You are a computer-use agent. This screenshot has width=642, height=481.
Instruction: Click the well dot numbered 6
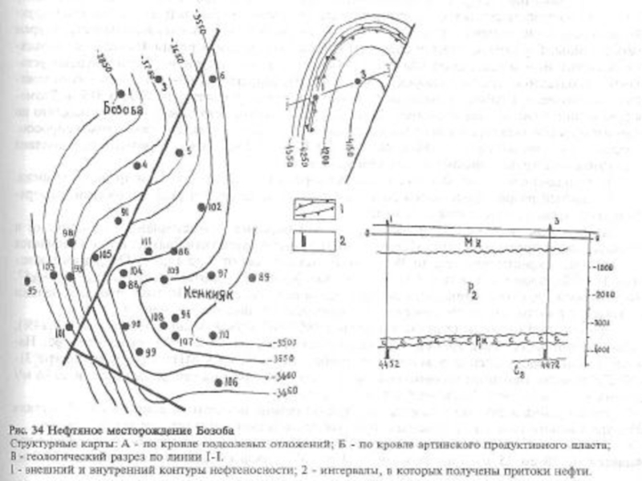click(207, 78)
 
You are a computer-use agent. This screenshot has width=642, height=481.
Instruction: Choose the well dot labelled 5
click(178, 152)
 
